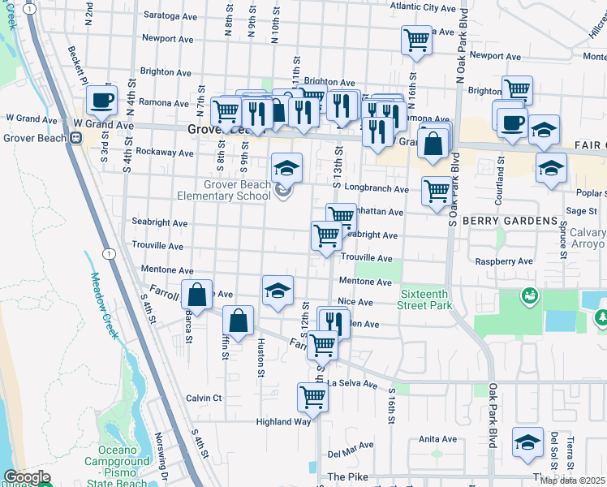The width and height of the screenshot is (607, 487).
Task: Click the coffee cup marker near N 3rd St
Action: tap(101, 101)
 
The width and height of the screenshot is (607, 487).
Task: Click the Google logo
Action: tap(27, 477)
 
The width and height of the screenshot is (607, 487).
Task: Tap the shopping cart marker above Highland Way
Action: tap(312, 398)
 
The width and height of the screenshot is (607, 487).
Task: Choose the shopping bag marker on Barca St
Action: tap(196, 295)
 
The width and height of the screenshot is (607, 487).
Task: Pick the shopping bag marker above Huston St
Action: tap(238, 321)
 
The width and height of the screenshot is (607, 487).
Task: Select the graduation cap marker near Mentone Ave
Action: tap(278, 291)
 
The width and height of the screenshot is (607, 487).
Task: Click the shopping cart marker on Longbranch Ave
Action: tap(437, 192)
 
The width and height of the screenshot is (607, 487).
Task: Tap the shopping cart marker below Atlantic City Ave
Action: tap(416, 39)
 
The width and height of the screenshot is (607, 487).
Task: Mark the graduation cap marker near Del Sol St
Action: tap(528, 442)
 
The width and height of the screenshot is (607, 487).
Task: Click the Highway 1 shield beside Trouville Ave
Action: tap(108, 254)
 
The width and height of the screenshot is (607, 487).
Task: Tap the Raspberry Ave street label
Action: tap(503, 262)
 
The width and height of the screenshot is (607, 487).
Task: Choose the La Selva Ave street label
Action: tap(353, 383)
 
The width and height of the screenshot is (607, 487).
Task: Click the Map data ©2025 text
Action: tap(572, 481)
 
